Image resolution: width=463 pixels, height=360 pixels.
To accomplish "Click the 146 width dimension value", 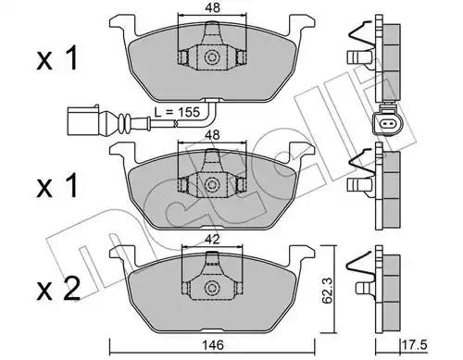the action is coord(213,345).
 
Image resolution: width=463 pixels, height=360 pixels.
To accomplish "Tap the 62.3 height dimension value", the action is coord(326,291).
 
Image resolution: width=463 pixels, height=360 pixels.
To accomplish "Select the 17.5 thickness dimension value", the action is coord(415,345).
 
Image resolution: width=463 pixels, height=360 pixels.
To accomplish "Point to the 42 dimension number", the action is coord(213,240).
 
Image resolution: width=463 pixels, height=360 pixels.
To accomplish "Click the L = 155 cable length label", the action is coord(178,112).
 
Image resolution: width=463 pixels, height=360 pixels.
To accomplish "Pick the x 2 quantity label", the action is coord(58,288).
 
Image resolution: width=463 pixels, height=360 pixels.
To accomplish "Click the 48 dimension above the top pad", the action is coord(213,7).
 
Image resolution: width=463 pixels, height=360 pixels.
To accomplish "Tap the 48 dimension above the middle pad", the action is coord(213,135).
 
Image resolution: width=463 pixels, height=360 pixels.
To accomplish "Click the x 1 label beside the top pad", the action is coord(56,58).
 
